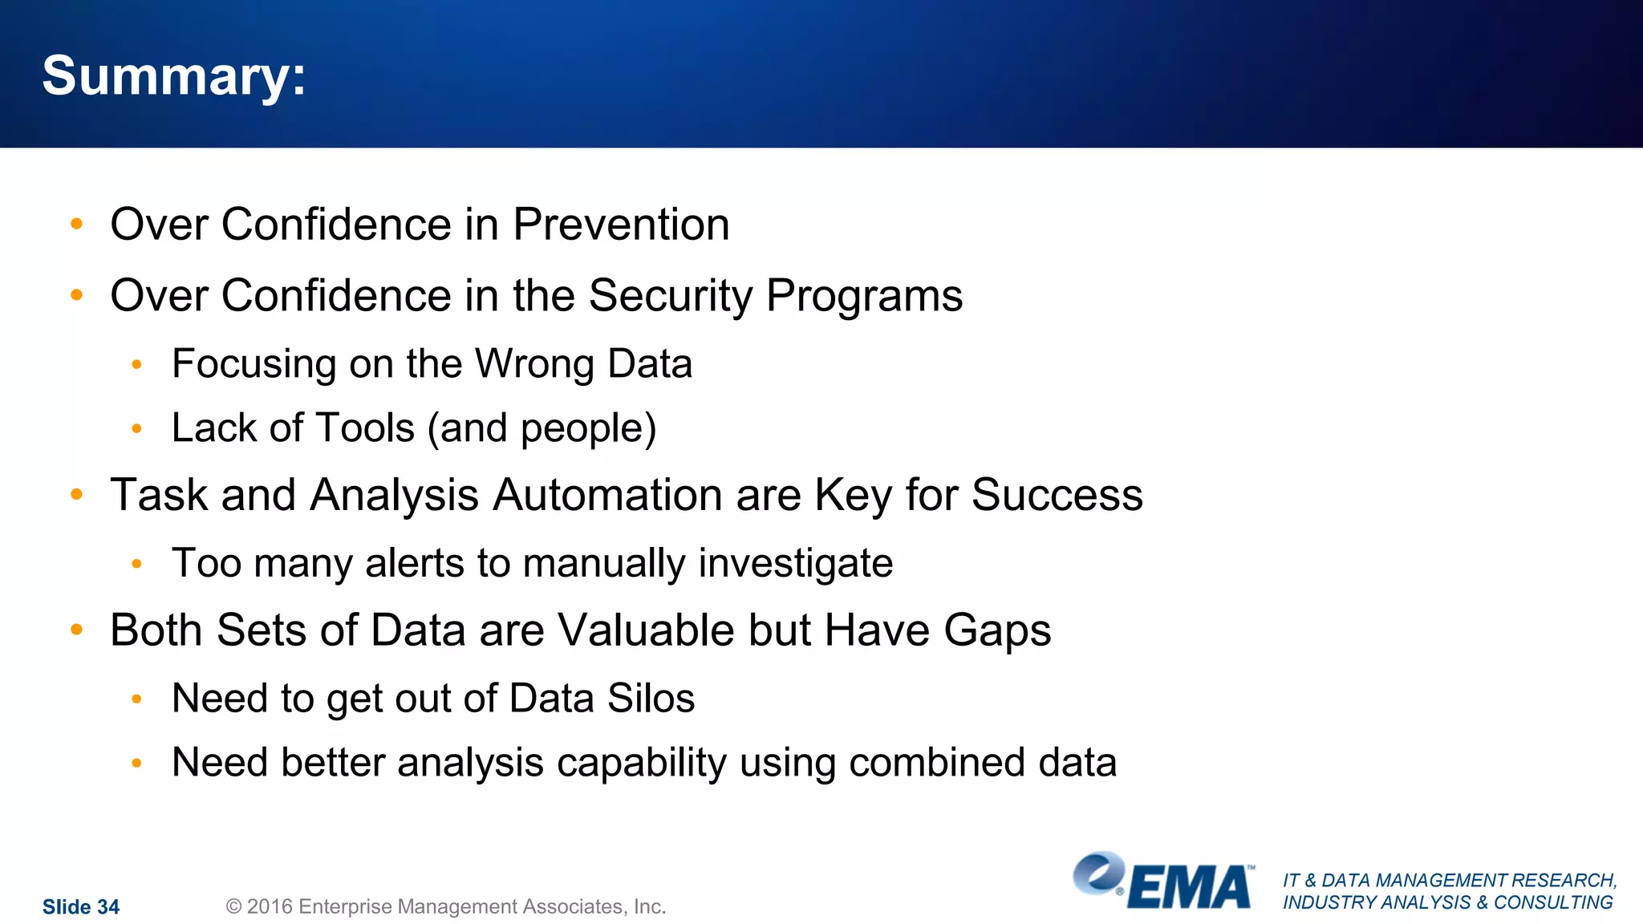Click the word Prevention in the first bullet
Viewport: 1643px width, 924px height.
tap(621, 225)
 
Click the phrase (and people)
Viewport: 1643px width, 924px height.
tap(542, 428)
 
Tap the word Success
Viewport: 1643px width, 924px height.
tap(1057, 495)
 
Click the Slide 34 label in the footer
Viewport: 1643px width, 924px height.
tap(80, 907)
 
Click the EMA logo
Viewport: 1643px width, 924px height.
tap(1163, 882)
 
